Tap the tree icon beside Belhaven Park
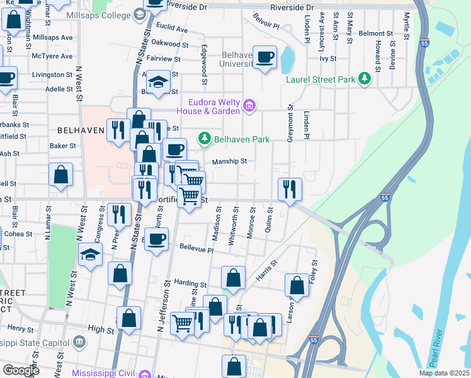(204, 138)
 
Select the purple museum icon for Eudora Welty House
(249, 105)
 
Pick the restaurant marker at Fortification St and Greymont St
(290, 189)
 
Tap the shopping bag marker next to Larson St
(297, 285)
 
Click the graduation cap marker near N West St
(91, 255)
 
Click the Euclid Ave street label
(173, 29)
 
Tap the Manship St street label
(229, 161)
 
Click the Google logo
(21, 370)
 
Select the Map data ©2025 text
(443, 373)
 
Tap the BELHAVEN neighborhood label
(81, 130)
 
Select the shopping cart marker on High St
(183, 324)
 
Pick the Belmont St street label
(375, 33)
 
